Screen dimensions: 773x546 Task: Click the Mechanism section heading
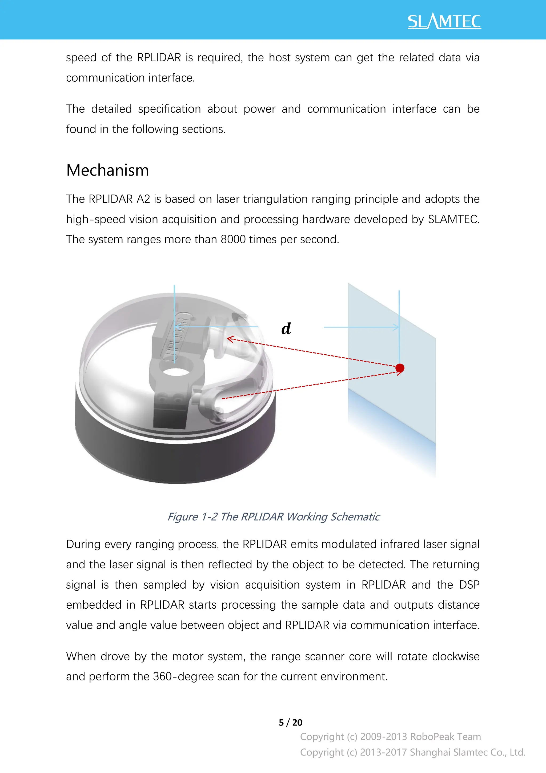coord(108,170)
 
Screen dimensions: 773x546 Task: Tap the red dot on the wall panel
coord(400,368)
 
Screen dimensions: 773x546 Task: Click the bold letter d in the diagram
coord(286,328)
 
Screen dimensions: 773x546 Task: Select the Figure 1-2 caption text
coord(273,517)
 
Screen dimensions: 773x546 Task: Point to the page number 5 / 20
coord(290,723)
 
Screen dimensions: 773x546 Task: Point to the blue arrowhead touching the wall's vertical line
coord(396,327)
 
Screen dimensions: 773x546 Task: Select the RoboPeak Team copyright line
coord(390,737)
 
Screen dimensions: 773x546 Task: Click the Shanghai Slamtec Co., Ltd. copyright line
coord(412,752)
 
